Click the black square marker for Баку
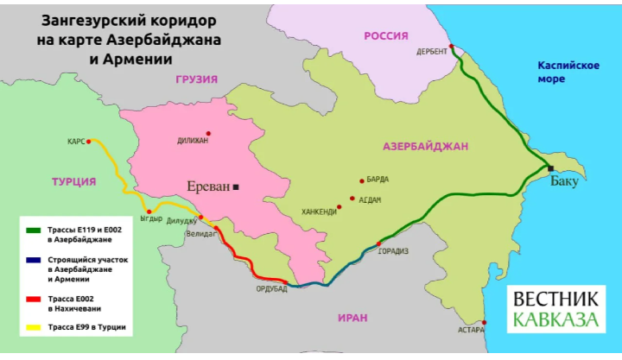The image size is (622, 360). pos(550,168)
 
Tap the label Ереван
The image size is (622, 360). pos(208,186)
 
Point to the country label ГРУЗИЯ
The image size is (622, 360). pos(196,79)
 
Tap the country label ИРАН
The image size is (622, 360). pos(352,318)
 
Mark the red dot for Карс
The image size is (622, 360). pos(89,141)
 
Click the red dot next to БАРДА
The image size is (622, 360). pos(360,180)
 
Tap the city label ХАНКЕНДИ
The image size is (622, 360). pos(318,211)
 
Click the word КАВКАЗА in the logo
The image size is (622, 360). pos(555,320)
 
